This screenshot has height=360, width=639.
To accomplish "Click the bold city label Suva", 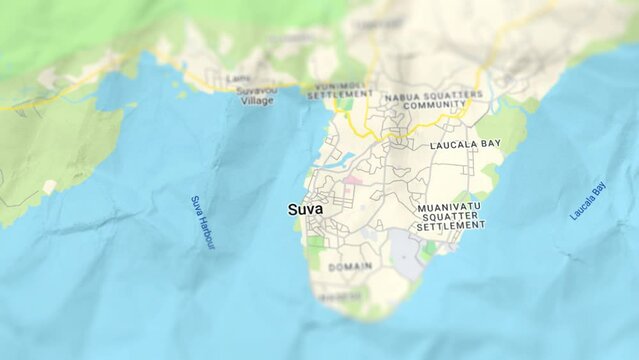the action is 305,210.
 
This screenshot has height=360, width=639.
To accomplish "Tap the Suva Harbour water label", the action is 202,222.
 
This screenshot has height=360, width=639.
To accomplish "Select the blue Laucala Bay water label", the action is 588,201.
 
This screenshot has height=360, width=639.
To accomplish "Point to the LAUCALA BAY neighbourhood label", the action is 465,145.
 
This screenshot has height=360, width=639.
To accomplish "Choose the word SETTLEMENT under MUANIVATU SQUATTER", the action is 450,227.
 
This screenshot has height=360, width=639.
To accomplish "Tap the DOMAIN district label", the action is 350,267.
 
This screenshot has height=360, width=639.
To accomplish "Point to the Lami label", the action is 238,78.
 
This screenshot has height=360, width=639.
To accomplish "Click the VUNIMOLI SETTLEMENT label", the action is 340,91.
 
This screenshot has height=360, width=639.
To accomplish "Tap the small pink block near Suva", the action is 353,181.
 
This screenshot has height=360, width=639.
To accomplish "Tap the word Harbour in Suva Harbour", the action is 205,232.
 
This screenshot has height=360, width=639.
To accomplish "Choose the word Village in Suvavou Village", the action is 257,101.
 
